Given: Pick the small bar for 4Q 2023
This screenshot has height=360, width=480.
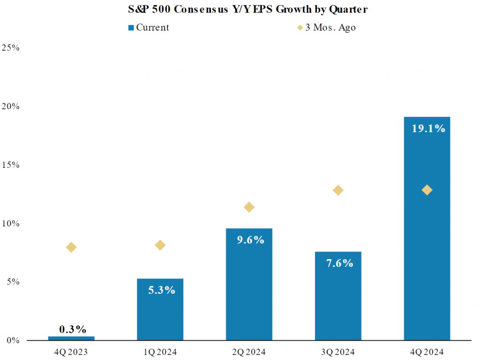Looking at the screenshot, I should pos(71,338).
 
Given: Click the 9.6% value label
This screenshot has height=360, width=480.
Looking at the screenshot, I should pos(249,240).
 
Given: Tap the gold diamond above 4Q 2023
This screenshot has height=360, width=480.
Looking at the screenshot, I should pos(71,247).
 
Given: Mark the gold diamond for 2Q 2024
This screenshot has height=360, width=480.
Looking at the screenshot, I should pos(249,207).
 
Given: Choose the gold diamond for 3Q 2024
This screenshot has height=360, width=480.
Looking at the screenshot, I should pos(338,190).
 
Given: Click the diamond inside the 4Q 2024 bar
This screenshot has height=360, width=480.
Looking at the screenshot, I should pos(427,190).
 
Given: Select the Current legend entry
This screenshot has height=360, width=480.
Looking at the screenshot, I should pos(149,27).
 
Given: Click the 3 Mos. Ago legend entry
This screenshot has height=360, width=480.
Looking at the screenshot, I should pos(327,27).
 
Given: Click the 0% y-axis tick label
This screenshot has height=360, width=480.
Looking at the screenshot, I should pos(13,341).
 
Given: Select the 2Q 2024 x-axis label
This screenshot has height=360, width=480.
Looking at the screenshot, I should pos(249,352).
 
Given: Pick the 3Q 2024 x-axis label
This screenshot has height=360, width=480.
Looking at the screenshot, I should pos(338,352).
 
